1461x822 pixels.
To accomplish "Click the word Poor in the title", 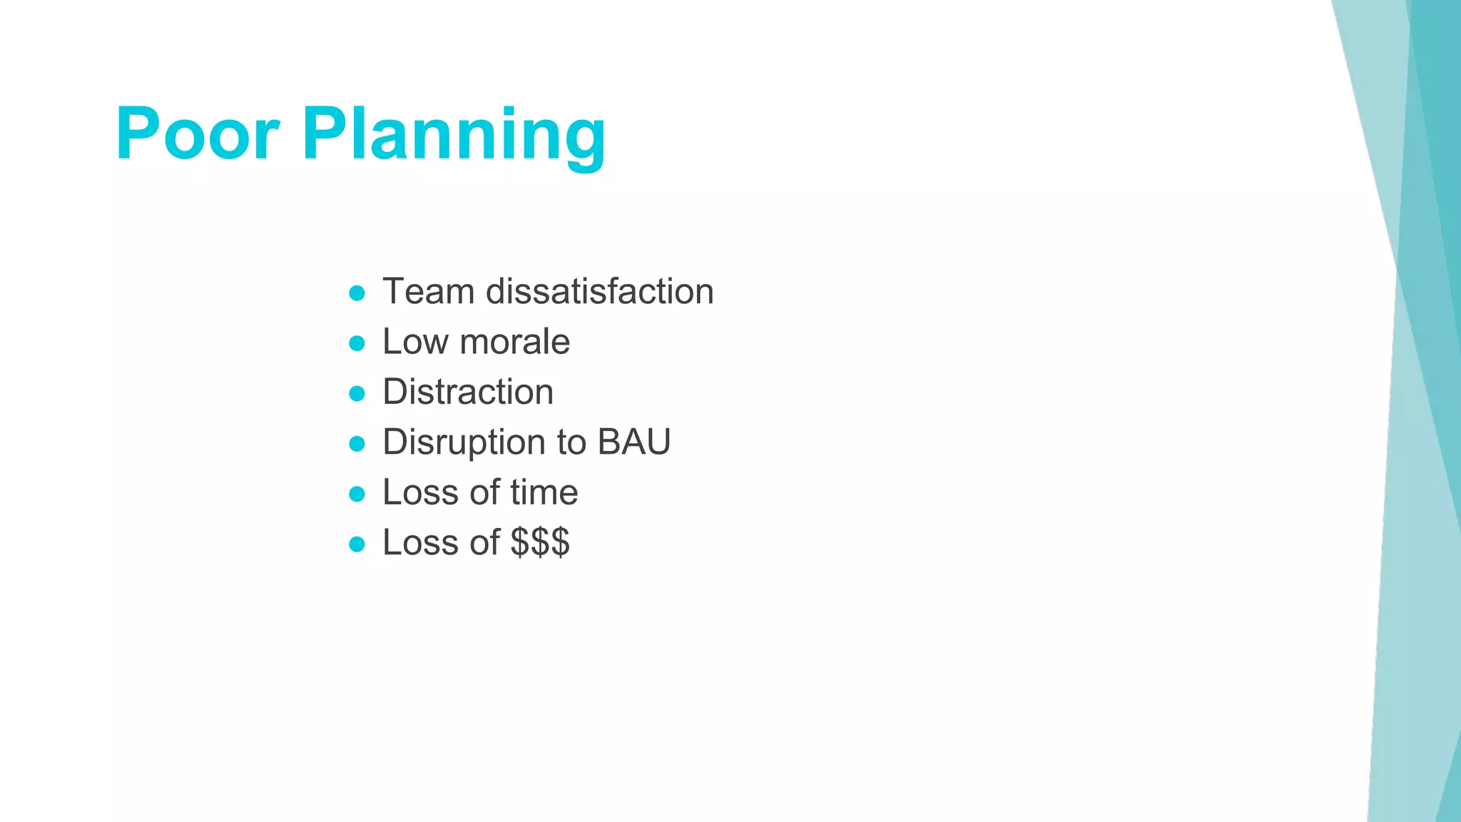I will coord(197,134).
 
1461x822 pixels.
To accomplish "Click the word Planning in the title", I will coord(454,136).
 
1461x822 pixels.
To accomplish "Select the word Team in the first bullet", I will coord(428,292).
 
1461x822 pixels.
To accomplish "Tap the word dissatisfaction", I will coord(599,292).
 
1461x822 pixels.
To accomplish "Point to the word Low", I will coord(415,342).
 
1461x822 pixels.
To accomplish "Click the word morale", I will coord(515,342).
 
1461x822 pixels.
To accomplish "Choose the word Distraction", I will coord(468,392).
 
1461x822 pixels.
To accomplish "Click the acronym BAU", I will coord(633,442).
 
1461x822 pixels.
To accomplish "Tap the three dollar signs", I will coord(540,542).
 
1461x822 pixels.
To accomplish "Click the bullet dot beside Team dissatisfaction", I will coord(357,293).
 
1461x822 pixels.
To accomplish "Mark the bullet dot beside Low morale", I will coord(357,343).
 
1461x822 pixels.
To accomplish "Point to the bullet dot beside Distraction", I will coord(357,393).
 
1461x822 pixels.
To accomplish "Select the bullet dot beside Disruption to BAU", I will coord(357,444).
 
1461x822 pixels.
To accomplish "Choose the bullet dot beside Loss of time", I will coord(357,494).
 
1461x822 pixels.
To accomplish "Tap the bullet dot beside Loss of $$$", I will coord(357,544).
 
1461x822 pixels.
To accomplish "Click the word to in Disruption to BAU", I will coord(572,443).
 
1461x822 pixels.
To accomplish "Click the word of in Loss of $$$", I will coord(484,542).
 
